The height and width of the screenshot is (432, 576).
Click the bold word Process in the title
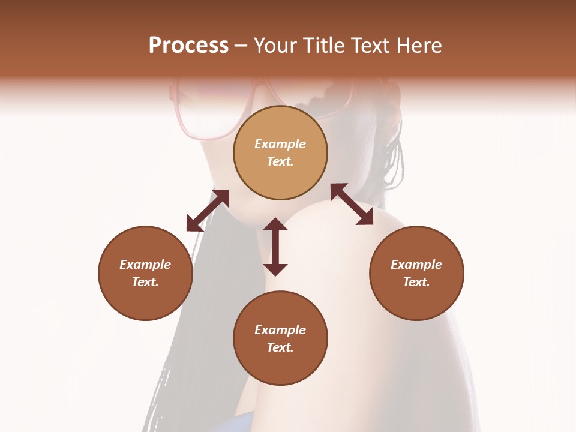[x=188, y=46]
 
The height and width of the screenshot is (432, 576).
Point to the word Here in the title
[x=419, y=46]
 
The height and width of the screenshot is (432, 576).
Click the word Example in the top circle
[x=280, y=144]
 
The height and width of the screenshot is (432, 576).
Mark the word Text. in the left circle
[x=145, y=282]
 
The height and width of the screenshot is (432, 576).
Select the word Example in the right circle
[x=416, y=265]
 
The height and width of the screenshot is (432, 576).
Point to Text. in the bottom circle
[x=280, y=347]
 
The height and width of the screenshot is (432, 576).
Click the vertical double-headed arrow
[x=275, y=247]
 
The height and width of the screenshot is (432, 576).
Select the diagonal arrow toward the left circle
[x=208, y=211]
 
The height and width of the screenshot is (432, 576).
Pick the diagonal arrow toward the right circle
[x=352, y=204]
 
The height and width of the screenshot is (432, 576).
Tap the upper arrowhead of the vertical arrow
[x=275, y=224]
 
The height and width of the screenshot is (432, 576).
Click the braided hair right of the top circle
[x=393, y=156]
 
